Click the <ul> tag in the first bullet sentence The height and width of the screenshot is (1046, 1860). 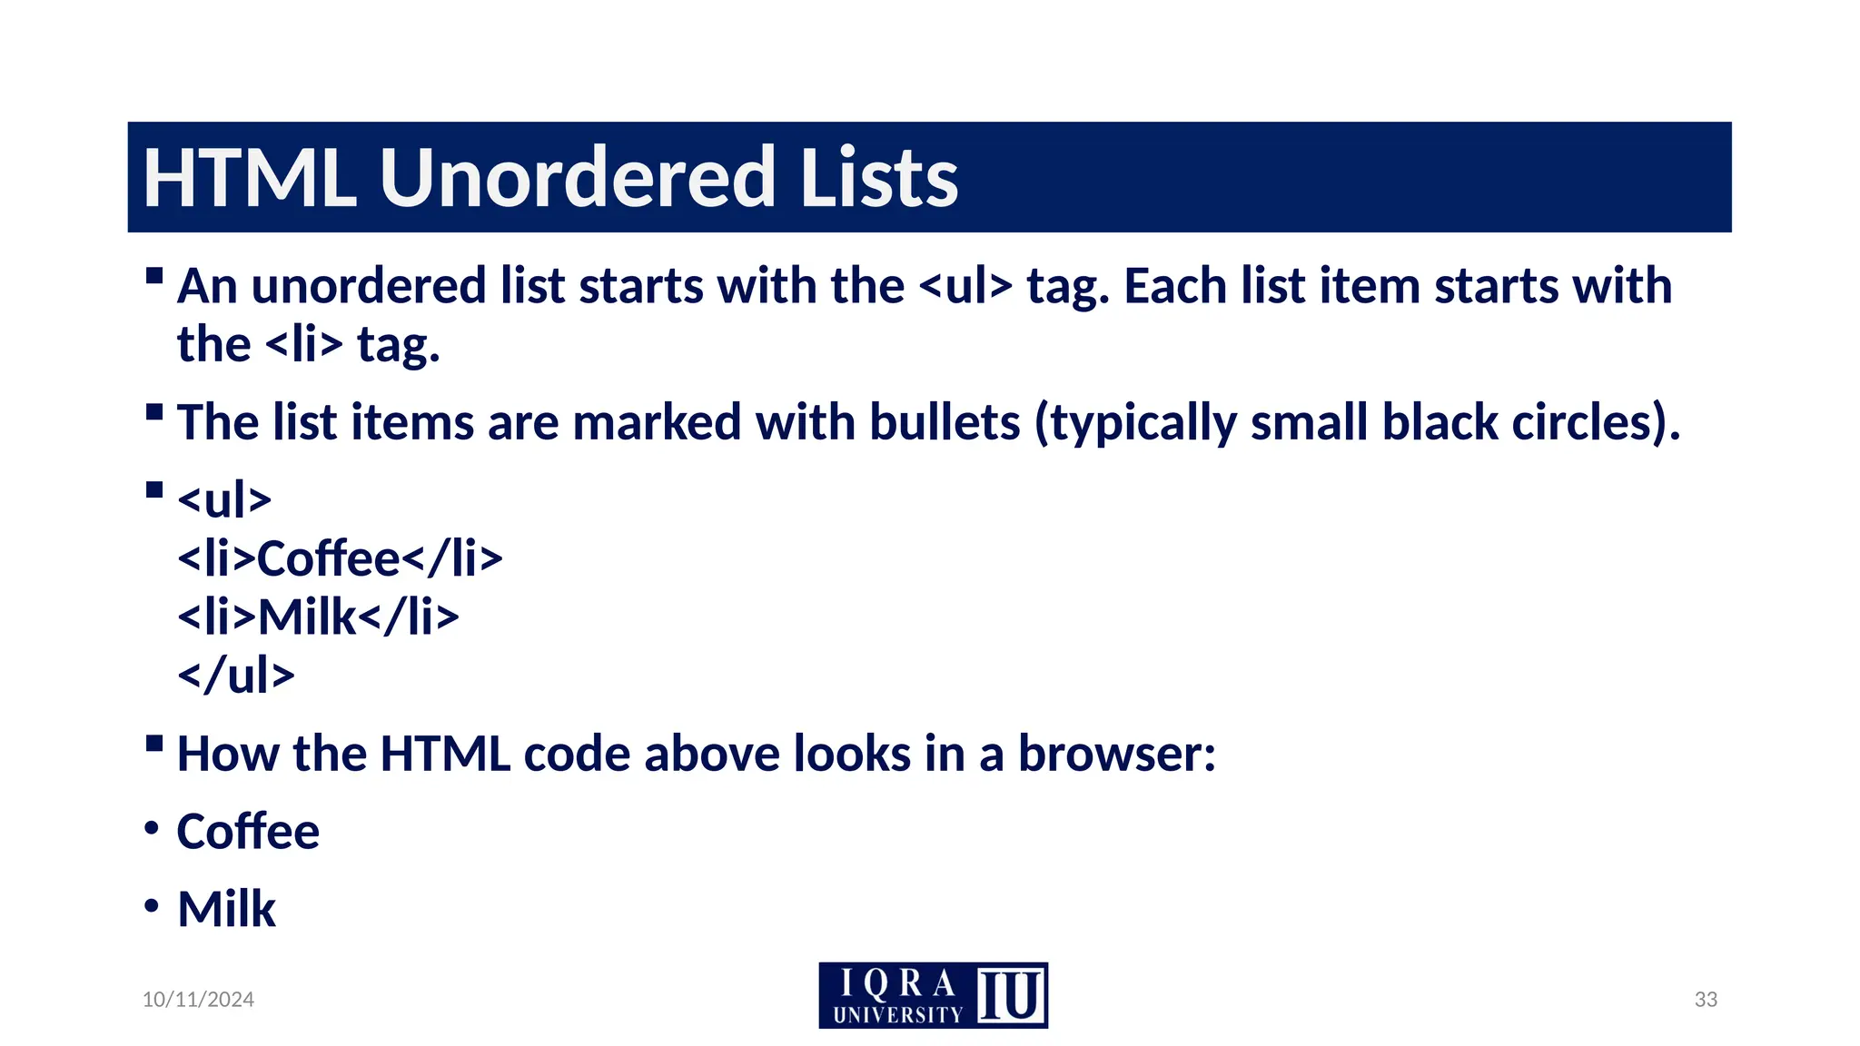965,287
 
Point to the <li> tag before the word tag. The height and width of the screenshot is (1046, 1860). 304,346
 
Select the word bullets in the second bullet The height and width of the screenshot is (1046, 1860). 945,423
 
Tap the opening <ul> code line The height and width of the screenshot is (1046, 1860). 224,500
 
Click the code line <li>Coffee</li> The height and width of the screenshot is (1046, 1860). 340,558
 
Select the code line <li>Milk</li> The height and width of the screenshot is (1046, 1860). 318,617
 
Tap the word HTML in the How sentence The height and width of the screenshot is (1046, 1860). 445,755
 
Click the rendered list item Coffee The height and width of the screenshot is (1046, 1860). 248,832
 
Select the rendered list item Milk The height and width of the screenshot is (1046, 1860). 226,910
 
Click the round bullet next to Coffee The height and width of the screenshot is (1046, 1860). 152,828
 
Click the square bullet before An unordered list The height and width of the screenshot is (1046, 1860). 154,275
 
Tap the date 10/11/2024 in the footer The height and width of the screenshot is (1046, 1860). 198,1000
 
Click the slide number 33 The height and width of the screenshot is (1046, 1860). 1706,1000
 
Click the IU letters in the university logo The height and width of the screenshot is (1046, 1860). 1010,996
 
